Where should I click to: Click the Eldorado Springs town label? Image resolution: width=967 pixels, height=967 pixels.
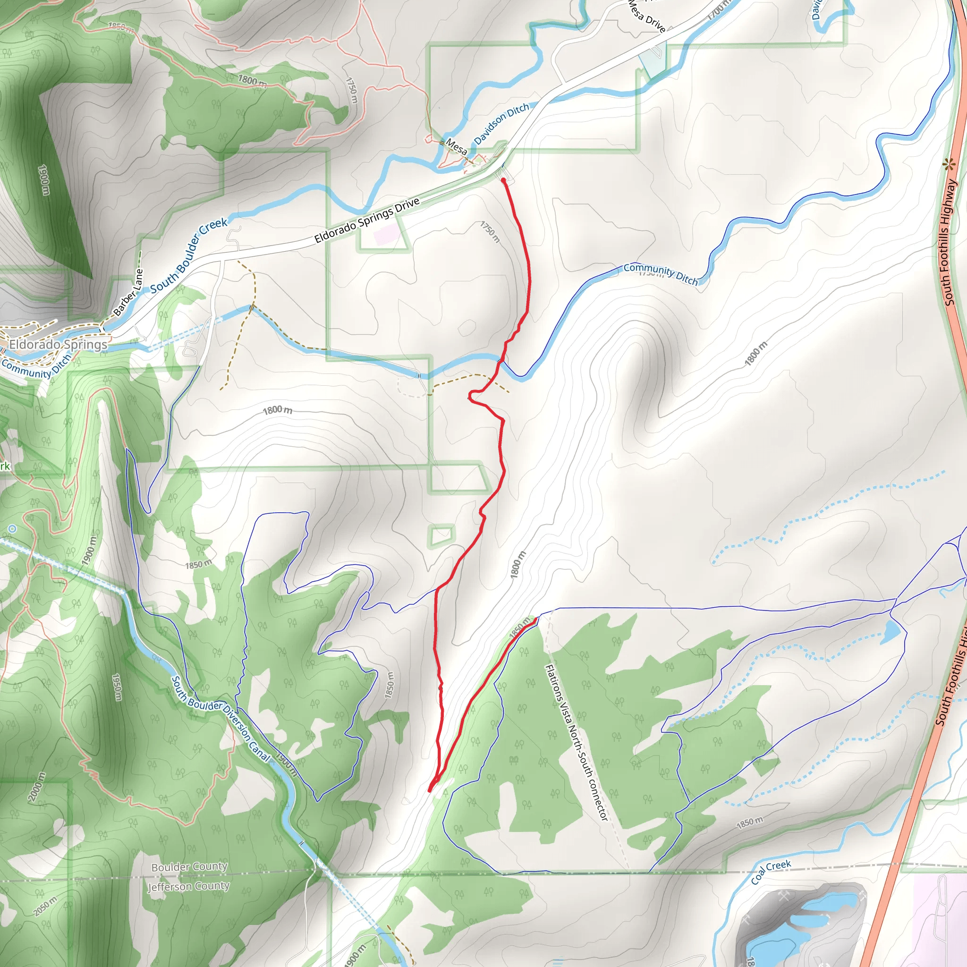(58, 344)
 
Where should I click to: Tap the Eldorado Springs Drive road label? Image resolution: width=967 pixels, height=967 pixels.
(367, 220)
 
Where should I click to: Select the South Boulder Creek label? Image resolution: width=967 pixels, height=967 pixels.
(189, 255)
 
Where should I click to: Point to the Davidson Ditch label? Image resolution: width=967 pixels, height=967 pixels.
(501, 124)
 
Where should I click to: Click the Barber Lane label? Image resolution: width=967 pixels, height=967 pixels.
(128, 293)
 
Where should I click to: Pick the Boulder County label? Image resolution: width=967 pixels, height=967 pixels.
(189, 867)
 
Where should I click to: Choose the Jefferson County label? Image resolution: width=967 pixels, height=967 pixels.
(188, 886)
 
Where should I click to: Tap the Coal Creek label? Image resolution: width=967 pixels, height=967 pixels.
(771, 872)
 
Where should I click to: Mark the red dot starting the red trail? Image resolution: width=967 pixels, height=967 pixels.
(503, 180)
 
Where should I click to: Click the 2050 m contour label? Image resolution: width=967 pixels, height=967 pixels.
(45, 906)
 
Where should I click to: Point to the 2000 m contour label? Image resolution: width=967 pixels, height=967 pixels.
(36, 787)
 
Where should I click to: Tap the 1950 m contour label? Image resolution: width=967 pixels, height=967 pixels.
(117, 687)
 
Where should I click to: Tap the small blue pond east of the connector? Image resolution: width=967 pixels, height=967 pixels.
(891, 632)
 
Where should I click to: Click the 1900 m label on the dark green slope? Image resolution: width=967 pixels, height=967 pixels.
(44, 180)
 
